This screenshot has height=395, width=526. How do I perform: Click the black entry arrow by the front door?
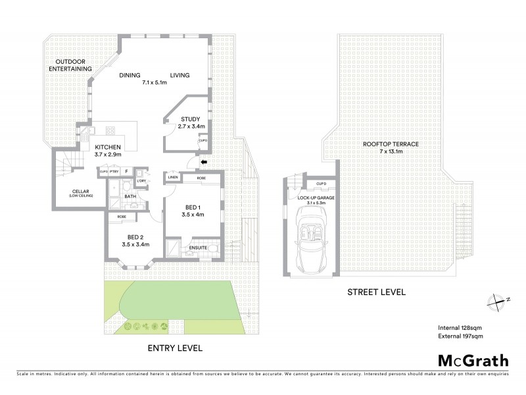click(x=203, y=161)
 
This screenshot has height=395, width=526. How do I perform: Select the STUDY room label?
click(x=191, y=119)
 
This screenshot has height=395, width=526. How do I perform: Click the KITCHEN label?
click(x=108, y=147)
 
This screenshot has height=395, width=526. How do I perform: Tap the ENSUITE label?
click(x=199, y=248)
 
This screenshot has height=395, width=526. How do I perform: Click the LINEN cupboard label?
click(x=172, y=177)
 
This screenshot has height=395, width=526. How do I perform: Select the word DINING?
click(x=130, y=75)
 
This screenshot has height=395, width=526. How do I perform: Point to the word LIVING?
click(x=179, y=75)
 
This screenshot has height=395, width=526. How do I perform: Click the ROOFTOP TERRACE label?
click(x=390, y=144)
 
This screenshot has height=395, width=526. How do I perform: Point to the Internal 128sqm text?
click(x=461, y=327)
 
